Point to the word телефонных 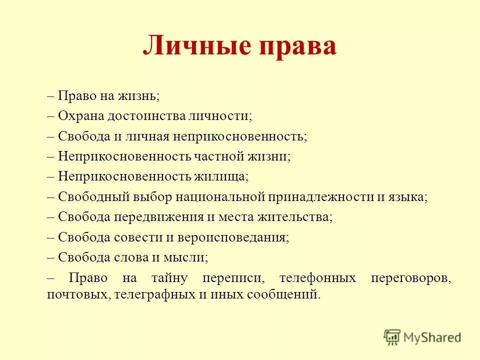click(317, 278)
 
